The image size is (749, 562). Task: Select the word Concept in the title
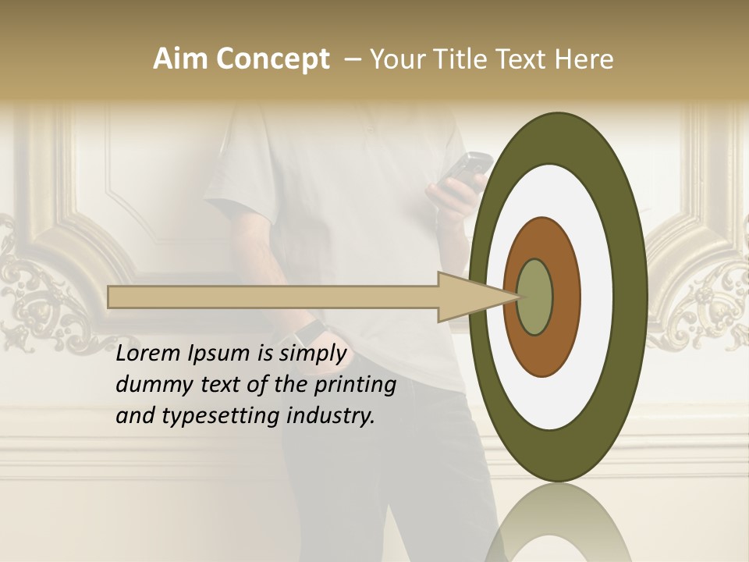(272, 59)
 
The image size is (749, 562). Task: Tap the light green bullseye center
(534, 297)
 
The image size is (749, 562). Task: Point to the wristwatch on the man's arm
(309, 333)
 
